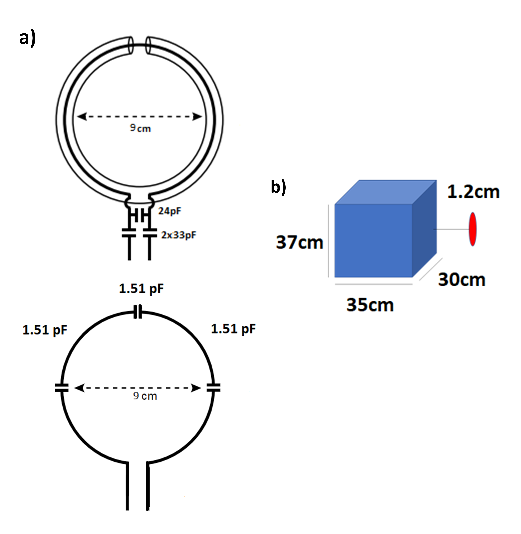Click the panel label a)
[x=27, y=38]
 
